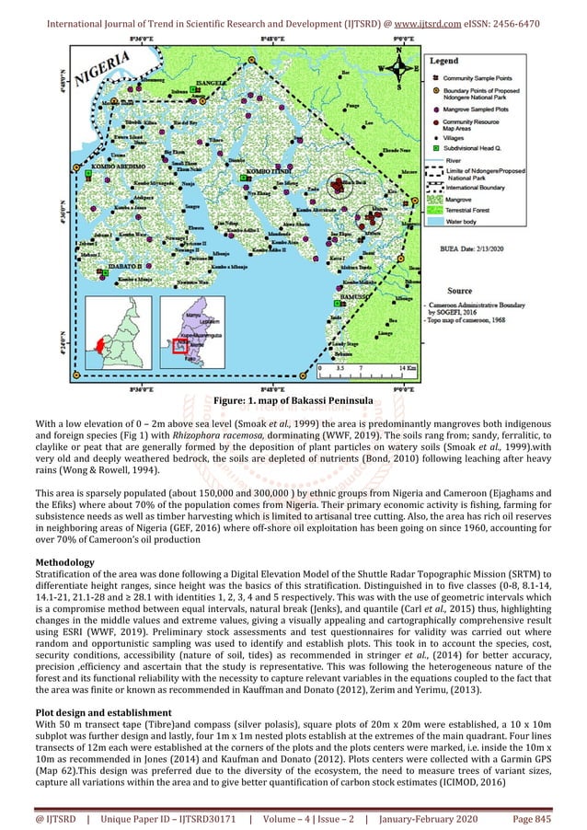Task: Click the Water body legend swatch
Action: tap(434, 222)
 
